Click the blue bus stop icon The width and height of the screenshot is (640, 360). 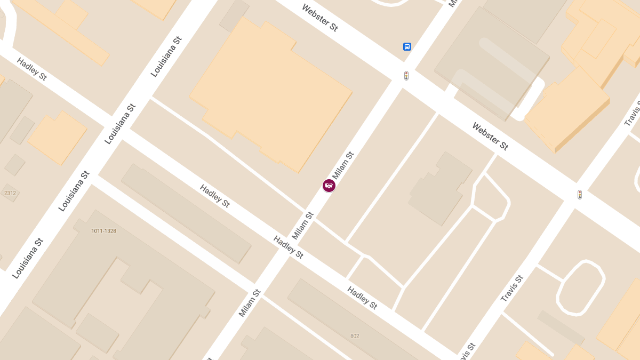(x=407, y=47)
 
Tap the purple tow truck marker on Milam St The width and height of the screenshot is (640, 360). (x=329, y=185)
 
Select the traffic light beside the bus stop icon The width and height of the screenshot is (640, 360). (x=406, y=76)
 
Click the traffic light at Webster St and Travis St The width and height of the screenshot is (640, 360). (x=579, y=195)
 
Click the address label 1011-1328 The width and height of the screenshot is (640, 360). (x=103, y=231)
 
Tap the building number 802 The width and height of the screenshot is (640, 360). (x=355, y=336)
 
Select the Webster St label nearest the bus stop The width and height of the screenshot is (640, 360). (x=319, y=18)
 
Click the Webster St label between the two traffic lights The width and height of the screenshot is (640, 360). (x=490, y=136)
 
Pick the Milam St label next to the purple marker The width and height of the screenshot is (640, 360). (x=343, y=166)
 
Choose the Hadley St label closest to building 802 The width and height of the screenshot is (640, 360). (x=362, y=298)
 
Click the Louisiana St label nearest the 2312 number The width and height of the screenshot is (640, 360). (x=74, y=191)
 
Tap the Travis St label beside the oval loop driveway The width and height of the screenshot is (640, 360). (x=512, y=289)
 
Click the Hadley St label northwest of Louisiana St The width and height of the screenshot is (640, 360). (x=32, y=69)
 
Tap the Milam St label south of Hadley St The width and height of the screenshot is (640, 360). (x=250, y=303)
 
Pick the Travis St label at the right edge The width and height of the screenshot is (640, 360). (x=633, y=113)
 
